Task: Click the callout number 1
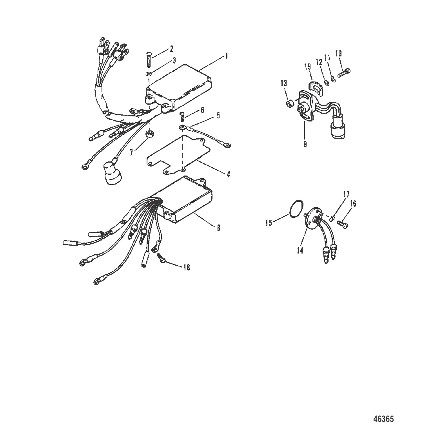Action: [x=226, y=56]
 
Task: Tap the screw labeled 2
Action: [x=149, y=59]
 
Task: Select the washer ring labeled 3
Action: [x=149, y=74]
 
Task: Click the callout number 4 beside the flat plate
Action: [x=229, y=174]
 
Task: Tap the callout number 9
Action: [x=305, y=144]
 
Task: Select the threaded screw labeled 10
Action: [x=344, y=73]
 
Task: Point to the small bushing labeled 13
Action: [x=289, y=103]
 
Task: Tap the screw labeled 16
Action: [x=343, y=223]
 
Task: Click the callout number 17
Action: [x=346, y=194]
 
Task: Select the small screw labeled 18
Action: [x=161, y=257]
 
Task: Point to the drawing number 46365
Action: [x=383, y=419]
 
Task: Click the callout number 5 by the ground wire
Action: [x=226, y=115]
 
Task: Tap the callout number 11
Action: [x=327, y=58]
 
